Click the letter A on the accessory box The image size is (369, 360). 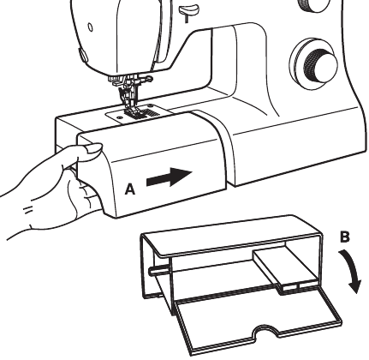click(x=130, y=189)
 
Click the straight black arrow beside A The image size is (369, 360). click(x=169, y=177)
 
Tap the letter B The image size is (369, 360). click(x=345, y=237)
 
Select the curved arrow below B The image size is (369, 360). click(x=352, y=272)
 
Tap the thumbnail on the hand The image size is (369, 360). click(x=93, y=148)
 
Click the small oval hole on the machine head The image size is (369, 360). click(x=90, y=27)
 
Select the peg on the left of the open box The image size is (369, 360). click(x=158, y=270)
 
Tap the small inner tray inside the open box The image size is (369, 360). click(x=286, y=268)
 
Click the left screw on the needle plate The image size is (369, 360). click(x=119, y=117)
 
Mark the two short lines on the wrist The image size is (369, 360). click(x=28, y=211)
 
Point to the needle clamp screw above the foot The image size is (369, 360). click(x=148, y=79)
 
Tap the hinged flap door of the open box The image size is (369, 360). click(x=257, y=320)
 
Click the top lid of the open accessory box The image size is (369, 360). click(x=231, y=234)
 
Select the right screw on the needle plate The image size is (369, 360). click(x=151, y=105)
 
